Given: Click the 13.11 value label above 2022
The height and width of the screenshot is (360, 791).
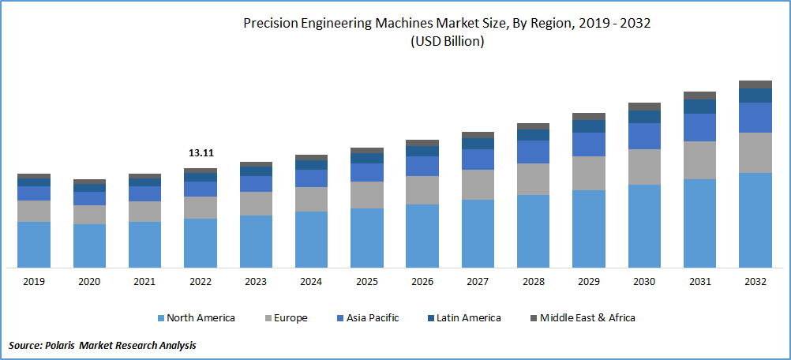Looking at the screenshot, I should (201, 153).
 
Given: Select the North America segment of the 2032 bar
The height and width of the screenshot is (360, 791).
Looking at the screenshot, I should (755, 220).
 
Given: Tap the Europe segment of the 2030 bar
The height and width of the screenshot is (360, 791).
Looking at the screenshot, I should (644, 167).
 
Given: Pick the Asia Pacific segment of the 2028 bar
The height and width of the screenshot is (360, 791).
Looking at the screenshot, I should (533, 152).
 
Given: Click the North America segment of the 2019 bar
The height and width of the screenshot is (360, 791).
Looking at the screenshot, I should (34, 245).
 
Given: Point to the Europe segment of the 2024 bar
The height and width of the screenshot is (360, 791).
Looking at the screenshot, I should (311, 199).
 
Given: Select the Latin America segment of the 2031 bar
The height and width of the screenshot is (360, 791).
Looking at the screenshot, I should (699, 106).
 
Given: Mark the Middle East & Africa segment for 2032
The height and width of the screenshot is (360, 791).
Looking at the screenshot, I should (755, 84).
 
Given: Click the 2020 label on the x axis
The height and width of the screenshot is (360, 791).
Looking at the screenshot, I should (89, 282).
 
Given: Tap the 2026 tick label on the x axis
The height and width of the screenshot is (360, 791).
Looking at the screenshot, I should (422, 282).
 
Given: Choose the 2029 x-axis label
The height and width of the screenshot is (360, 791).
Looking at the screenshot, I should (589, 282).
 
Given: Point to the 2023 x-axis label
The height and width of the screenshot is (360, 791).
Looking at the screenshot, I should (256, 282).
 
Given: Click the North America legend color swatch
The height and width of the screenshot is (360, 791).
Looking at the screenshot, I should (161, 318).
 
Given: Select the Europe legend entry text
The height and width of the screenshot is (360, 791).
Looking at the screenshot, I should (291, 318).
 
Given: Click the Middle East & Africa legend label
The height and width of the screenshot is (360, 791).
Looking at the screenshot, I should (588, 318).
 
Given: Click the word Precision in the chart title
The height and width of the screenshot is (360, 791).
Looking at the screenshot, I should (272, 24).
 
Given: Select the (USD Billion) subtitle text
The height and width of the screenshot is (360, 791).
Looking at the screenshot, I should (447, 42).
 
